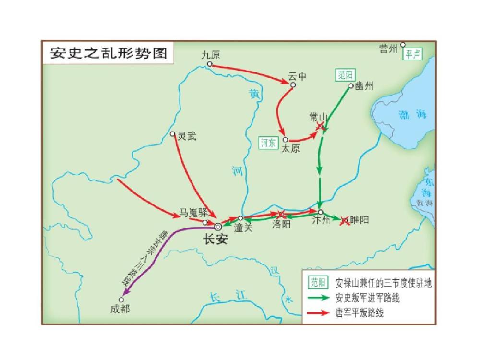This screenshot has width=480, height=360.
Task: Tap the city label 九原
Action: (x=211, y=55)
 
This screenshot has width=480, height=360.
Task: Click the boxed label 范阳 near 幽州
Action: (x=345, y=75)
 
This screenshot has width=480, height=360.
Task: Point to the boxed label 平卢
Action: (x=412, y=54)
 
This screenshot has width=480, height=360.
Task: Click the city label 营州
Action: (x=388, y=48)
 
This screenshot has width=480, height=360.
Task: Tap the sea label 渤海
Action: (x=412, y=114)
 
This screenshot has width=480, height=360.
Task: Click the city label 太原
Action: (x=290, y=149)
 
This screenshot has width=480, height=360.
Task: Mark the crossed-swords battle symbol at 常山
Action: (x=321, y=126)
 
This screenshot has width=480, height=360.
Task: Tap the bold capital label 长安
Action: (x=215, y=240)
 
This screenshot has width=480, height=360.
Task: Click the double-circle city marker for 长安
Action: (x=218, y=227)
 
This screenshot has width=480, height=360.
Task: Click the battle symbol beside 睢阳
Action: (x=344, y=221)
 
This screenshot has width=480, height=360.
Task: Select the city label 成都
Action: (x=120, y=309)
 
